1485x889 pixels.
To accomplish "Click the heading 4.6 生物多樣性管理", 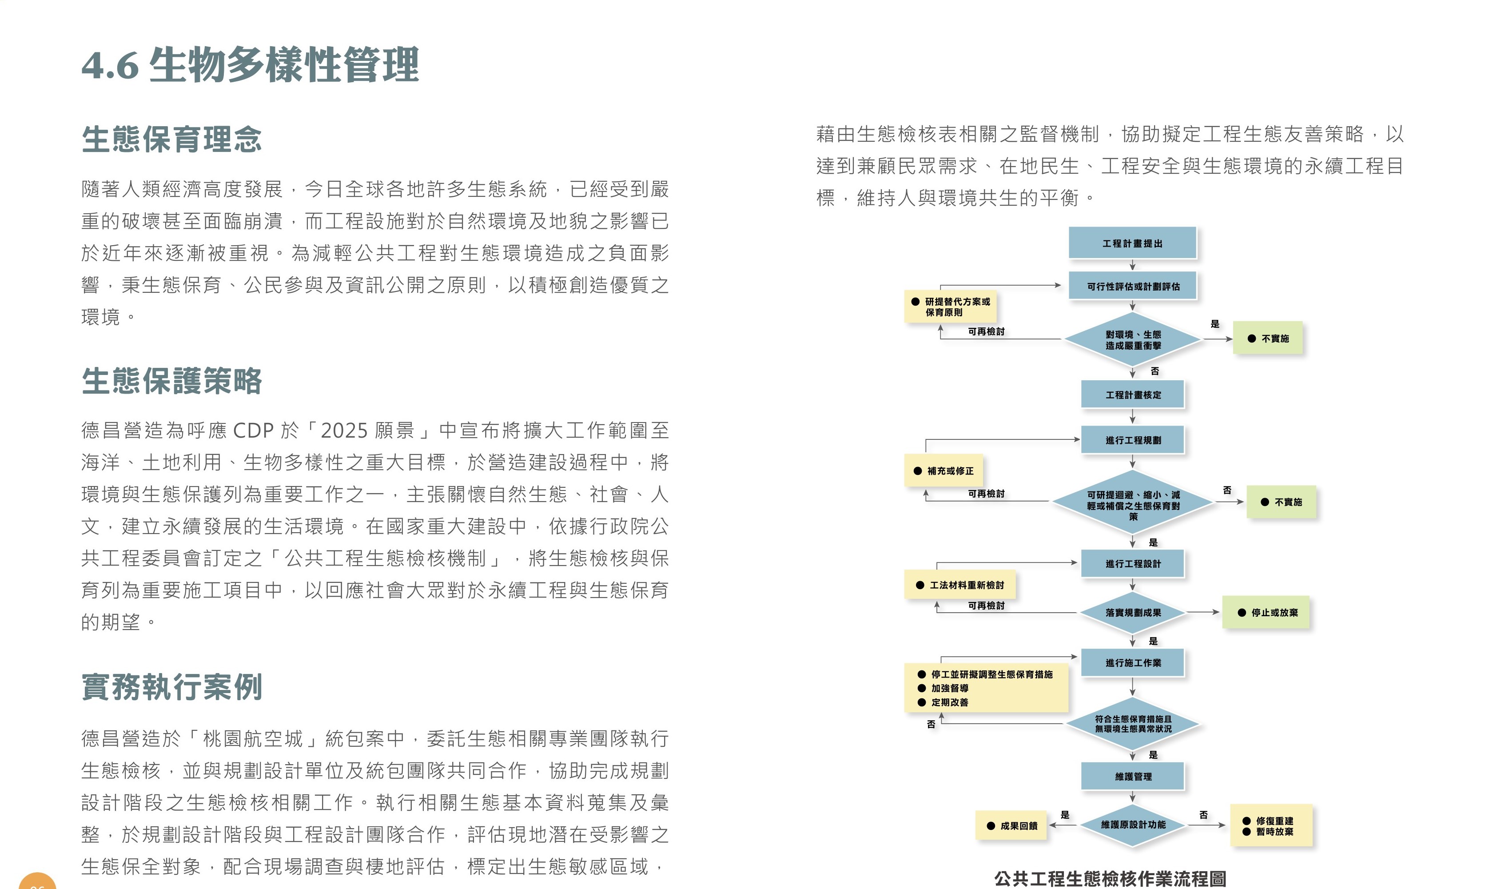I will click(x=250, y=65).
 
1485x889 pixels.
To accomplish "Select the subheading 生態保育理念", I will click(x=171, y=139).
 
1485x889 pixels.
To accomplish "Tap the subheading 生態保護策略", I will click(x=171, y=381).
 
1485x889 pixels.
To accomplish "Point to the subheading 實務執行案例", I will click(x=171, y=686).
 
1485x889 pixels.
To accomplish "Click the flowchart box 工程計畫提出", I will click(x=1132, y=243).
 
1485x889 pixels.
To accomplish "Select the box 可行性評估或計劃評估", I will click(x=1133, y=287).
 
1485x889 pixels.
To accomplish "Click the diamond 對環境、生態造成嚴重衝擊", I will click(x=1132, y=340).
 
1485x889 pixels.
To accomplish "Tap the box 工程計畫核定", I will click(x=1132, y=395).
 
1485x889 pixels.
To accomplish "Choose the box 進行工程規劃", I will click(x=1132, y=440).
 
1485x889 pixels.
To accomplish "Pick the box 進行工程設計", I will click(x=1132, y=564).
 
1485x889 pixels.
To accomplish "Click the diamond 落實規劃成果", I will click(x=1132, y=612).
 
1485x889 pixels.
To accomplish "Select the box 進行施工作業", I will click(x=1132, y=662).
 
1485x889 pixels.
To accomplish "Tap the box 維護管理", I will click(x=1132, y=777).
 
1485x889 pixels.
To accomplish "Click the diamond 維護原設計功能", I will click(x=1132, y=825).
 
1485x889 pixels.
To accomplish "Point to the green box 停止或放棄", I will click(x=1266, y=612).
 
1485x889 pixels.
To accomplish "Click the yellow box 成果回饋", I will click(x=1011, y=825).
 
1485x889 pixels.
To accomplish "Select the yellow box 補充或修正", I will click(x=944, y=471).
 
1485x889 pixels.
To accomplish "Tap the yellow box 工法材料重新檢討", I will click(x=960, y=585).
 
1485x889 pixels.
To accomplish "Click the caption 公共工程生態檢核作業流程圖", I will click(x=1110, y=878).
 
